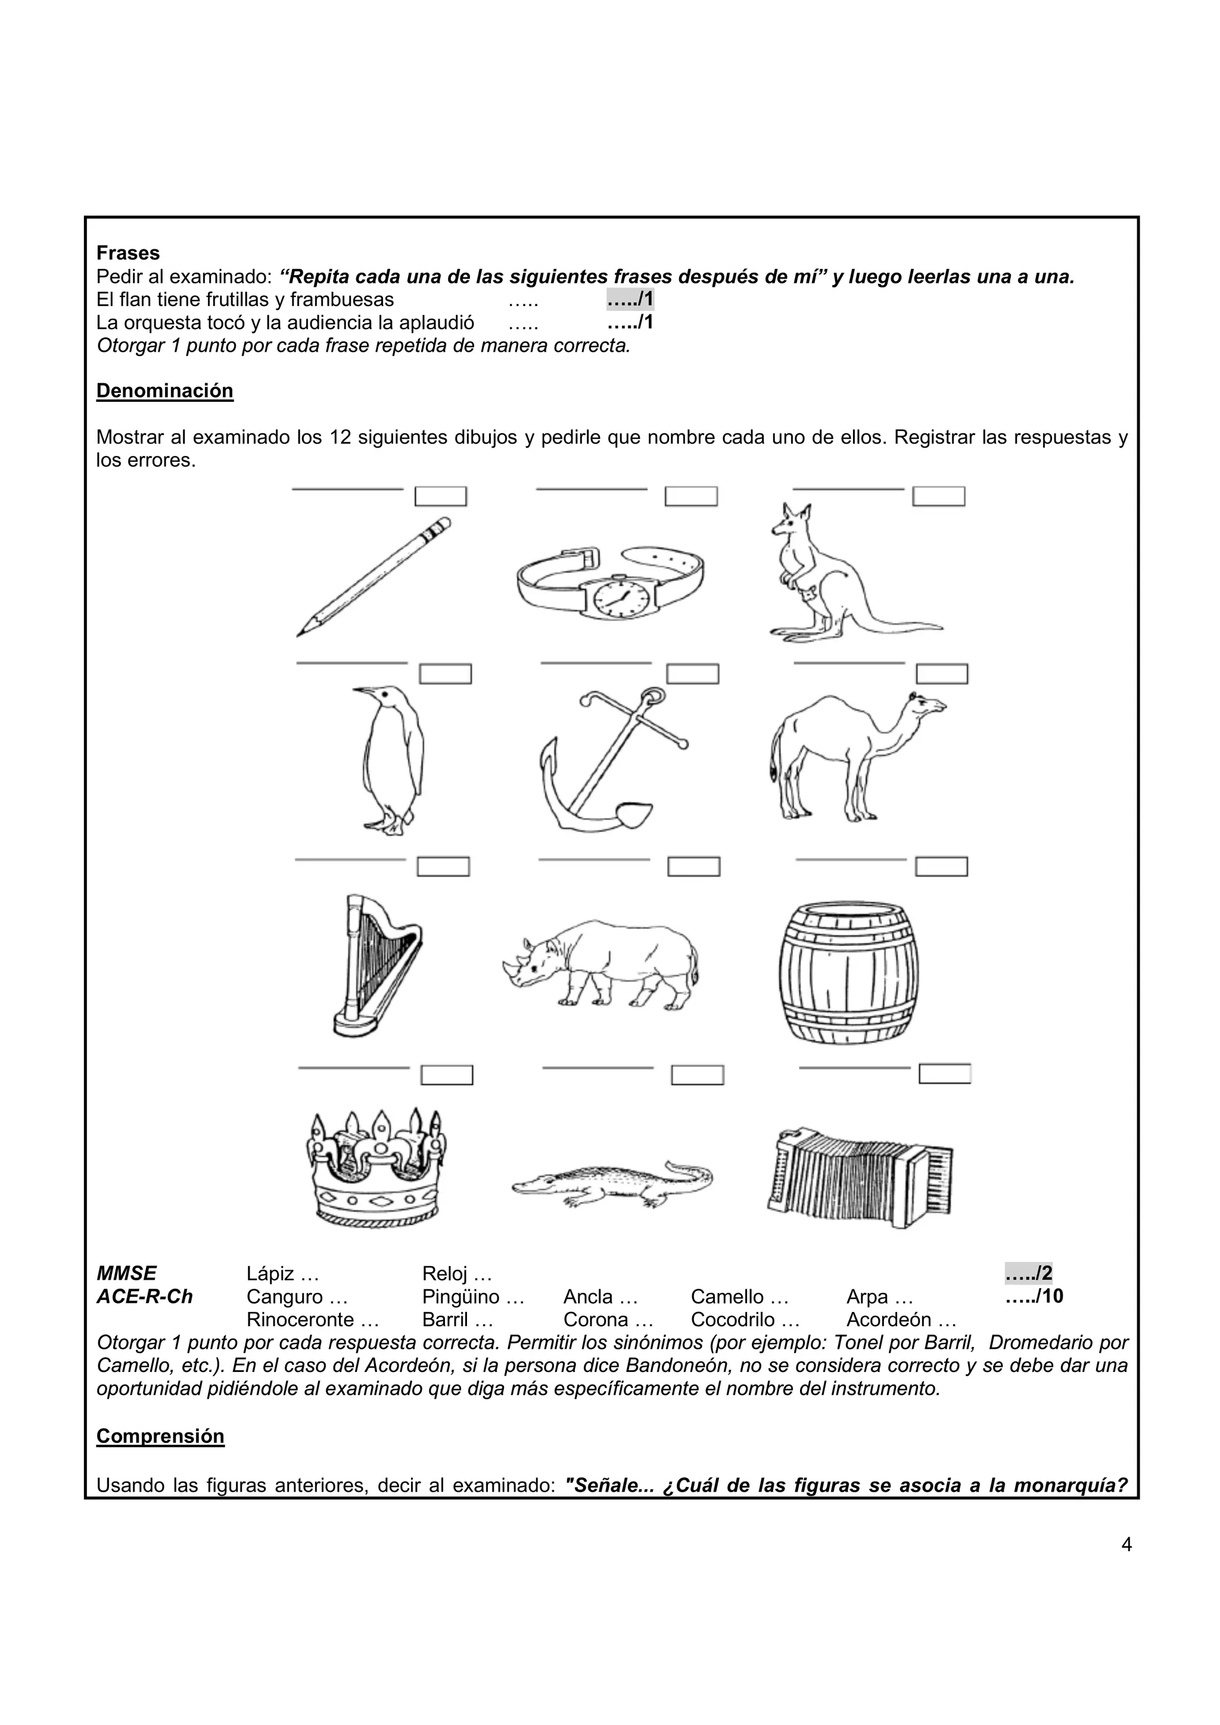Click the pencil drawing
(374, 577)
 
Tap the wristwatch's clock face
(621, 599)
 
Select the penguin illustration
(391, 759)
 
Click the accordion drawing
(858, 1177)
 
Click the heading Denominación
(164, 390)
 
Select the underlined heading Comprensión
(160, 1436)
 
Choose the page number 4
(1126, 1545)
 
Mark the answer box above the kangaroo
(938, 496)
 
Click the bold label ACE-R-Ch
(144, 1297)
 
